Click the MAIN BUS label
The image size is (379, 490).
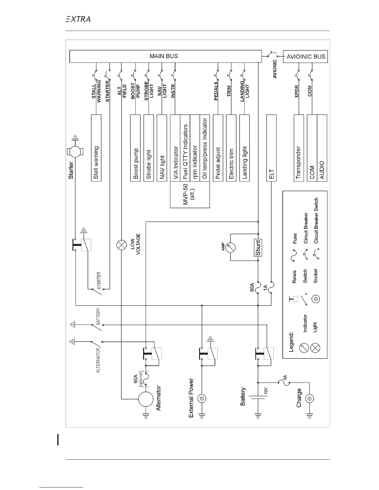click(164, 56)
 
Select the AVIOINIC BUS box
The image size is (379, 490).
click(305, 57)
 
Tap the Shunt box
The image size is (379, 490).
click(258, 247)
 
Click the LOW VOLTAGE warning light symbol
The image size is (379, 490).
click(121, 245)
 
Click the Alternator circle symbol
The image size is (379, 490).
click(146, 399)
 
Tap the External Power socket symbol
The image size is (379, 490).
click(202, 399)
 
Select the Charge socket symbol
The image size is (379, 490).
click(309, 398)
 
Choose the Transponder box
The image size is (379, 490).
click(298, 148)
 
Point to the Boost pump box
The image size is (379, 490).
click(135, 148)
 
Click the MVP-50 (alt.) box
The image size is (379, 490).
click(190, 195)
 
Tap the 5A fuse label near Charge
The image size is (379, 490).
click(285, 377)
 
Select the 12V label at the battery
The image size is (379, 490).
click(266, 391)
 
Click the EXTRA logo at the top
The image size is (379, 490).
click(78, 19)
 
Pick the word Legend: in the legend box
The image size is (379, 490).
click(291, 342)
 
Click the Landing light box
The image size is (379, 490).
click(245, 148)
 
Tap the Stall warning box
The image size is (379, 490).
click(96, 148)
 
